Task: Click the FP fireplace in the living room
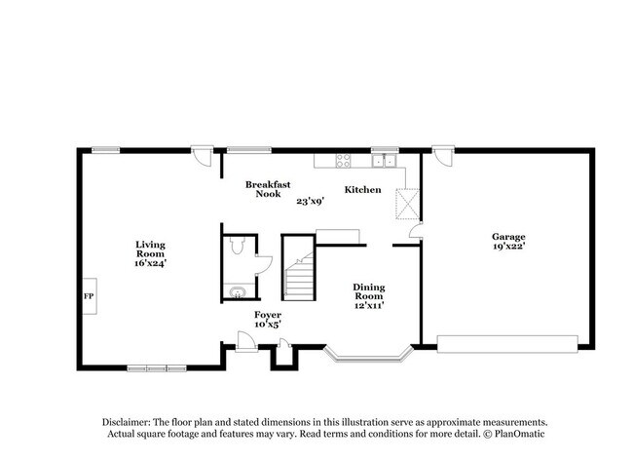tap(88, 296)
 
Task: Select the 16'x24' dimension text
tap(150, 263)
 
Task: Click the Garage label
tap(507, 237)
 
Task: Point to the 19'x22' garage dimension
tap(507, 248)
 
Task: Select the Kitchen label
tap(362, 190)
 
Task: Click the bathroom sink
tap(236, 291)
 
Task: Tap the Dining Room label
tap(368, 292)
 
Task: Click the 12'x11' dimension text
tap(368, 306)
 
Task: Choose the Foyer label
tap(267, 315)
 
